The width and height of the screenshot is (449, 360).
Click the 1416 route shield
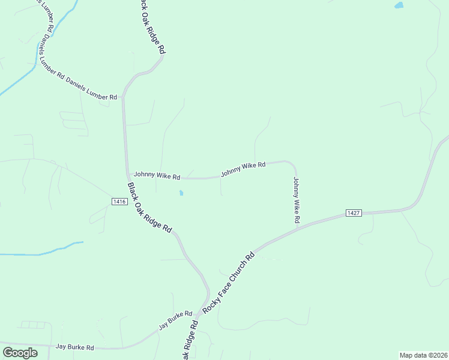coord(119,202)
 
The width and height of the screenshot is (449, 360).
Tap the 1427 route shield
coord(354,213)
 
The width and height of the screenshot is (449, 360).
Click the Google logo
coord(20,352)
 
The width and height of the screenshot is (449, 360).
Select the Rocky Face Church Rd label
coord(229,283)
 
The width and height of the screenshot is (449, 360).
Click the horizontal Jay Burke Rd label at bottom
coord(75,347)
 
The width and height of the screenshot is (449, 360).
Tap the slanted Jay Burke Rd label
coord(175,321)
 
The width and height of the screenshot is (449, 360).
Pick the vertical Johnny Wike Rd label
coord(296,200)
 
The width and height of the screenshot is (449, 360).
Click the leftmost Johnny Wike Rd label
coord(157,176)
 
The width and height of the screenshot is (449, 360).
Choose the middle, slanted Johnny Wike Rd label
coord(243,169)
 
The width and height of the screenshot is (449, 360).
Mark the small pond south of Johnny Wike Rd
coord(181,193)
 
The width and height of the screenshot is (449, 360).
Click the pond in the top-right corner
coord(399,5)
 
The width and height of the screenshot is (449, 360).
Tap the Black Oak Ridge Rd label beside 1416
coord(150,207)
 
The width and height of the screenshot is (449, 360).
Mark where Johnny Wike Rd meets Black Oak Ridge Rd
coord(127,175)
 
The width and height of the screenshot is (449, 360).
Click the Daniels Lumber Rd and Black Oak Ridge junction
coord(123,96)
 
